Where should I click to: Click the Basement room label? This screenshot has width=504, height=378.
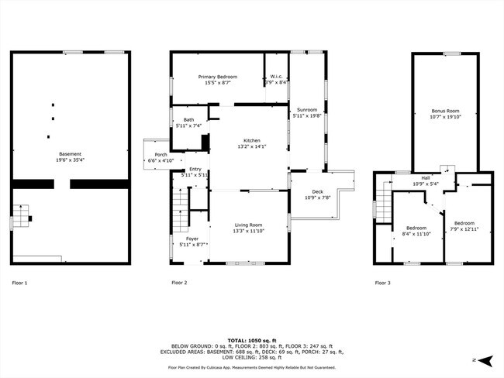pos(69,154)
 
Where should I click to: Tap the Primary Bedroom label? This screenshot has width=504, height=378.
pos(217,77)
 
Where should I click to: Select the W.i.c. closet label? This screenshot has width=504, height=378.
pos(277,77)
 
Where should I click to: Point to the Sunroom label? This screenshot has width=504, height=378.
pos(307,111)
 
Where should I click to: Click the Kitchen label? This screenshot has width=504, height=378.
pos(251,140)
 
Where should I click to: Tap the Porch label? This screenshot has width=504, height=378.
pos(161,155)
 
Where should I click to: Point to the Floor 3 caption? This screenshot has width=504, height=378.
pos(382,283)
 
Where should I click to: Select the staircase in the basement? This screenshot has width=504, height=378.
pos(21,215)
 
